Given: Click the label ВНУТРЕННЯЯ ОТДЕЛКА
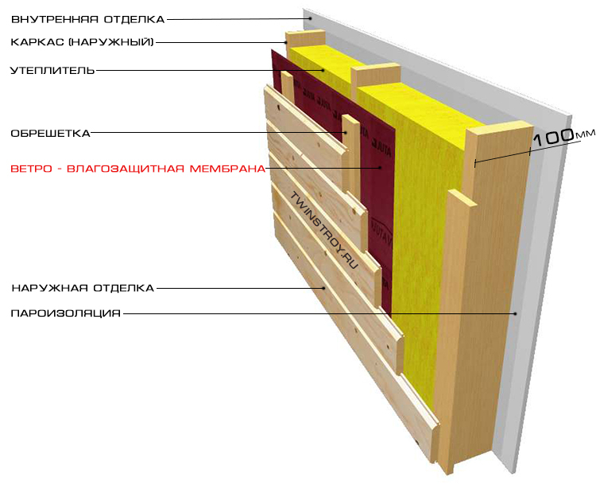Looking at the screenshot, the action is click(x=87, y=18).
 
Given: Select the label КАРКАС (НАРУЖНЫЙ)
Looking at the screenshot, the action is click(x=82, y=41).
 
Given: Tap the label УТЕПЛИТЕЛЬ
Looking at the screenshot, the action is click(x=52, y=70).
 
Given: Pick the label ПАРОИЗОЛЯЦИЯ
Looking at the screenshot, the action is click(x=65, y=313).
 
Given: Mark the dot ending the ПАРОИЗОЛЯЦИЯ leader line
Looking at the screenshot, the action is click(x=515, y=313).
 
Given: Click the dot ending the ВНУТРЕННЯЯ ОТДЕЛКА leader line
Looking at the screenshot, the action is click(x=305, y=18).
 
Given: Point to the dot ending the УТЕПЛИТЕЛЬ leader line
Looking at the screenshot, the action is click(x=324, y=70).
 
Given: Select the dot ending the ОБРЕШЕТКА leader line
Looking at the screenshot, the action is click(x=345, y=132).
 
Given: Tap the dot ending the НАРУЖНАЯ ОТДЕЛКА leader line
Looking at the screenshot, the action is click(x=324, y=287).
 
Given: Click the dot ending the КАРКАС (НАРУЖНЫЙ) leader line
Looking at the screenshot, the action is click(x=286, y=41).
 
